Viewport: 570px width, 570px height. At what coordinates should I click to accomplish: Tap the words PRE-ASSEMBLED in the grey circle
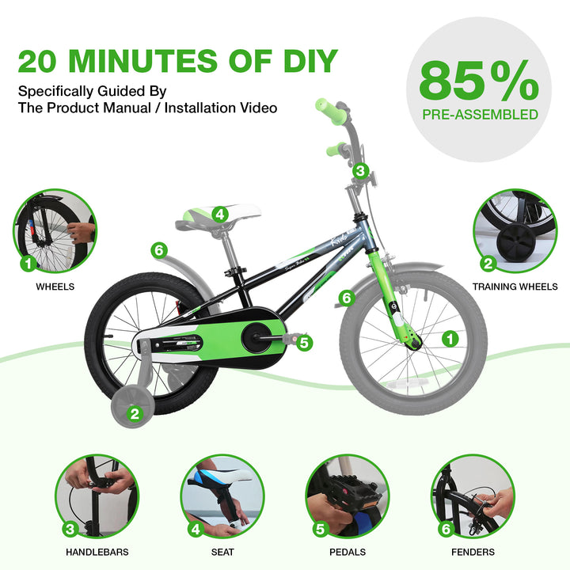pyautogui.click(x=480, y=115)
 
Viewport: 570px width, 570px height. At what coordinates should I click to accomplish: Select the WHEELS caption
pyautogui.click(x=55, y=287)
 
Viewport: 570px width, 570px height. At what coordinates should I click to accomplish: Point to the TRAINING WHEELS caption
pyautogui.click(x=515, y=287)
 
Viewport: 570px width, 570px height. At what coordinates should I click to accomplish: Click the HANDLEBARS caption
pyautogui.click(x=97, y=552)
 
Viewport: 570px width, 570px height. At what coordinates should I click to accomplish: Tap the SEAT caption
pyautogui.click(x=222, y=552)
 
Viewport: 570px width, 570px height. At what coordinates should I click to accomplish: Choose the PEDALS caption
pyautogui.click(x=348, y=552)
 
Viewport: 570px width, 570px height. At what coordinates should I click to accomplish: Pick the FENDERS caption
pyautogui.click(x=473, y=552)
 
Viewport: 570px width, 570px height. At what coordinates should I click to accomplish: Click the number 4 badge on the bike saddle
pyautogui.click(x=220, y=215)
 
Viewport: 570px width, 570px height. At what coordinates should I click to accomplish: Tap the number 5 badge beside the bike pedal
pyautogui.click(x=304, y=343)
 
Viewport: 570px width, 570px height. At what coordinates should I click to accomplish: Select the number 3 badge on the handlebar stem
pyautogui.click(x=360, y=170)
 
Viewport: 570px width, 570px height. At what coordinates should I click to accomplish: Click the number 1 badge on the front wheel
pyautogui.click(x=450, y=339)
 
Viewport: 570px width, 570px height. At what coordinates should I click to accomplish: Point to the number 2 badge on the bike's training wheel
pyautogui.click(x=135, y=414)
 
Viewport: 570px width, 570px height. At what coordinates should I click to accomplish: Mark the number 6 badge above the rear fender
pyautogui.click(x=159, y=250)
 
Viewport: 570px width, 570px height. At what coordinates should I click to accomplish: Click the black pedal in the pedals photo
pyautogui.click(x=350, y=492)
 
